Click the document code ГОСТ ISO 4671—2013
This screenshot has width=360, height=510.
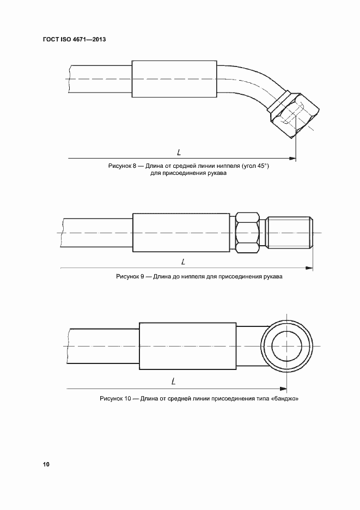click(x=75, y=40)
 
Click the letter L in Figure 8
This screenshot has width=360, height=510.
click(x=179, y=152)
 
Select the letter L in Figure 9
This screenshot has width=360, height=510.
click(x=184, y=262)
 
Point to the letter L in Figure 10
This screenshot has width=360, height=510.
click(x=173, y=381)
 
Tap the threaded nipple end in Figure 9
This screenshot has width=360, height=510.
click(x=291, y=233)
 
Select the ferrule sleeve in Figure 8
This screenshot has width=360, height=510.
click(x=174, y=80)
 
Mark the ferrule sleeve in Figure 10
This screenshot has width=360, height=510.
click(x=187, y=347)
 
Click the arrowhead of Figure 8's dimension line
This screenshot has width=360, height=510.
click(x=294, y=159)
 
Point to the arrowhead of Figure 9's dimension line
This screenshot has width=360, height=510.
click(x=310, y=268)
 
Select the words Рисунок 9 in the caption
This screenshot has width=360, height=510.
click(x=130, y=277)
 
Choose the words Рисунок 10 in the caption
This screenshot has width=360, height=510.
click(x=115, y=398)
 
